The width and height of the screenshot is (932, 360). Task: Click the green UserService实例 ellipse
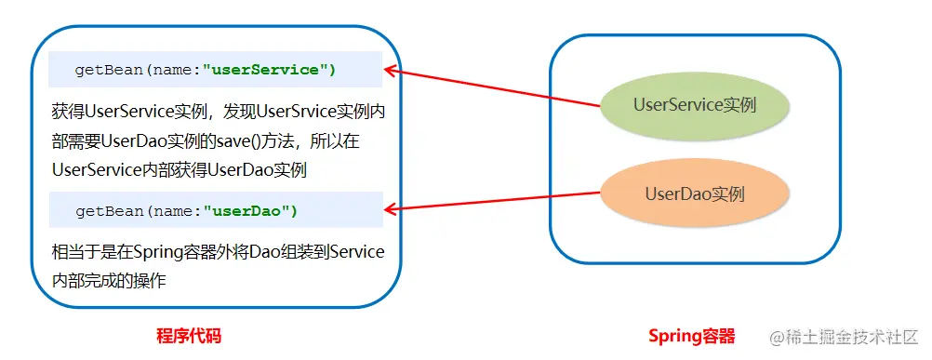click(694, 106)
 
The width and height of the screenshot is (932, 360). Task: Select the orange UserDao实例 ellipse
click(694, 194)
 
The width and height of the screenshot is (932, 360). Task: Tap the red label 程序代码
click(189, 336)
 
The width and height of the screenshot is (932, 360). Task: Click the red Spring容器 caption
click(691, 336)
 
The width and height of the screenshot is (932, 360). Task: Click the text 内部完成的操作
click(109, 280)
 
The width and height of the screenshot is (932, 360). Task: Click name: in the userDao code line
click(178, 211)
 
